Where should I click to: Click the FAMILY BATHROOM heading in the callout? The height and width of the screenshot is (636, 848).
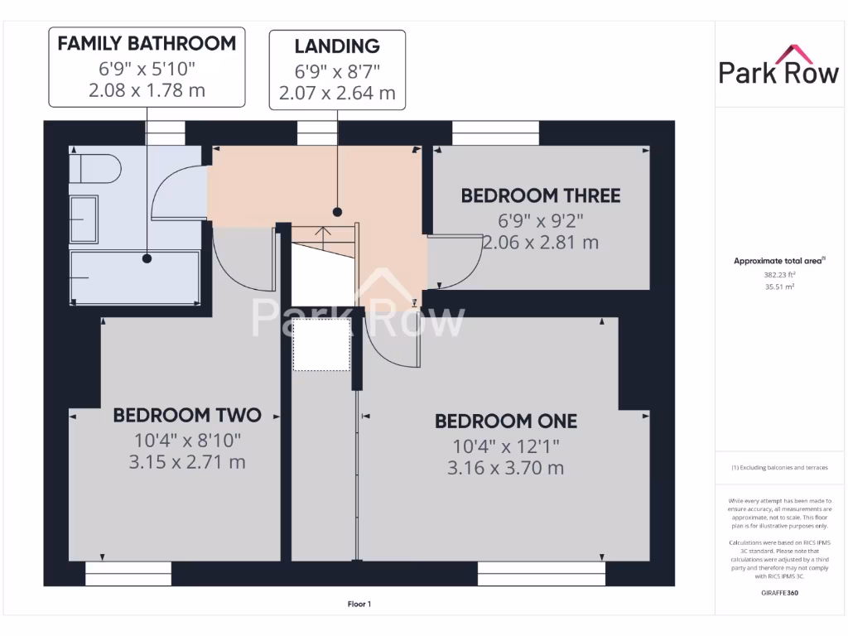147,44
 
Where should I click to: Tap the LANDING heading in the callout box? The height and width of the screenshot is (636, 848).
336,46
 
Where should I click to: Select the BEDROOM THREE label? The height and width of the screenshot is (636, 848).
540,196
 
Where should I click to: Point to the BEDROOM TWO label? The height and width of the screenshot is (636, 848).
187,415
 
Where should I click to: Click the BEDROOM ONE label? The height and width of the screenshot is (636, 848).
506,422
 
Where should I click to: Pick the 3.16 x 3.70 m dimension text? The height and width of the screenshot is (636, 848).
506,468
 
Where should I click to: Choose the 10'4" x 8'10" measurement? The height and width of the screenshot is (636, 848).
187,440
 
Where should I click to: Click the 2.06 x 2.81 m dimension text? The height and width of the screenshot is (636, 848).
540,243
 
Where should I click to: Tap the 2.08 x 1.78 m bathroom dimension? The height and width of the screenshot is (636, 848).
147,90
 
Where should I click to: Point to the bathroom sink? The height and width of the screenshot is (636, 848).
84,219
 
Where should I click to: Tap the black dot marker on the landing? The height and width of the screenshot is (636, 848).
338,210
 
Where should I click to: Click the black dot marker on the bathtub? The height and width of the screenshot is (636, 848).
147,258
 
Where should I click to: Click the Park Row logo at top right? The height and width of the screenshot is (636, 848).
778,66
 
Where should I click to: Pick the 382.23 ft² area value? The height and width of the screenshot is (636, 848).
778,274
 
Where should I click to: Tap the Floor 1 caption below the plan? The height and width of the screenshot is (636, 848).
359,605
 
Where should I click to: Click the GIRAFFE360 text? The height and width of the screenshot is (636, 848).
778,593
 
